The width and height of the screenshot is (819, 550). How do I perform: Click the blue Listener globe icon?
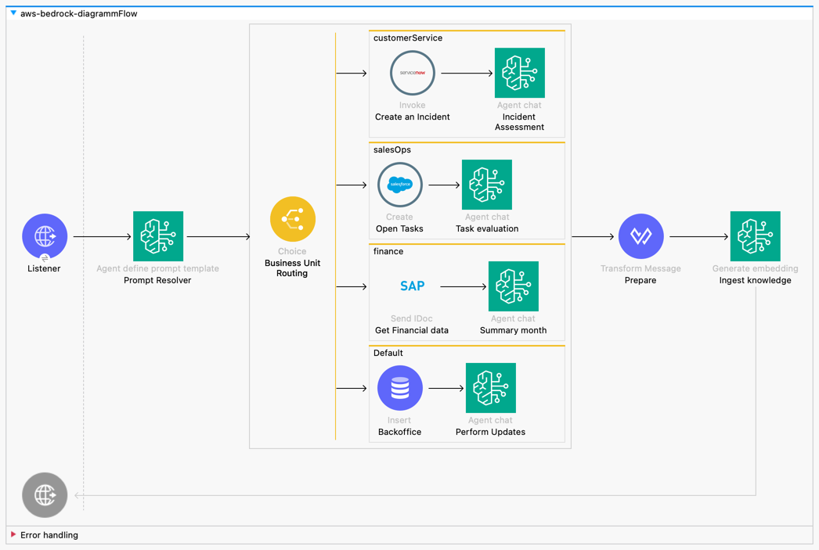[45, 235]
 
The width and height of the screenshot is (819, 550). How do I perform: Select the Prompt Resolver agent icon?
[158, 236]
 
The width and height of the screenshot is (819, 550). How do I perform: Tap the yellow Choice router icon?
[293, 219]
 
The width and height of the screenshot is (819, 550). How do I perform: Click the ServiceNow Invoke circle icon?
[413, 73]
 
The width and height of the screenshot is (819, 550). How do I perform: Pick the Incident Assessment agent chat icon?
[519, 73]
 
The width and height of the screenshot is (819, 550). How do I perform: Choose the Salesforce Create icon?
[399, 185]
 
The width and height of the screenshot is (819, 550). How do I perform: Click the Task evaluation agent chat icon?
[487, 185]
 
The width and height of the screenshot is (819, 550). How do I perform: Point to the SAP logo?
[412, 286]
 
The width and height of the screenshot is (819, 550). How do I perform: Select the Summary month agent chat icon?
[514, 286]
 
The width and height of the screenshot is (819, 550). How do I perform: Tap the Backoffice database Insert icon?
[399, 388]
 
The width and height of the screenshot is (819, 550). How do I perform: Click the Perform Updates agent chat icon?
[491, 388]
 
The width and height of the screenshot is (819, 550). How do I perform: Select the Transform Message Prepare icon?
[640, 236]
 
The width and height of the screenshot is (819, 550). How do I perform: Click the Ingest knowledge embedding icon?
[755, 236]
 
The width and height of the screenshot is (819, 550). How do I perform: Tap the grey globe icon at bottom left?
[45, 495]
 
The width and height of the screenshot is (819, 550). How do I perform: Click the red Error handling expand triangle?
[13, 535]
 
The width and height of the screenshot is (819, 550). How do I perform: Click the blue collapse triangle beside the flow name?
[13, 13]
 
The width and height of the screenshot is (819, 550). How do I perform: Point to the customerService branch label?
[407, 38]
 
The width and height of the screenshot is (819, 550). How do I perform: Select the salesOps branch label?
[392, 149]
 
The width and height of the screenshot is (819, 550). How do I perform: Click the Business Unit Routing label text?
[292, 268]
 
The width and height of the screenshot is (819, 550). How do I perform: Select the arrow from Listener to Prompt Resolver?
[103, 236]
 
